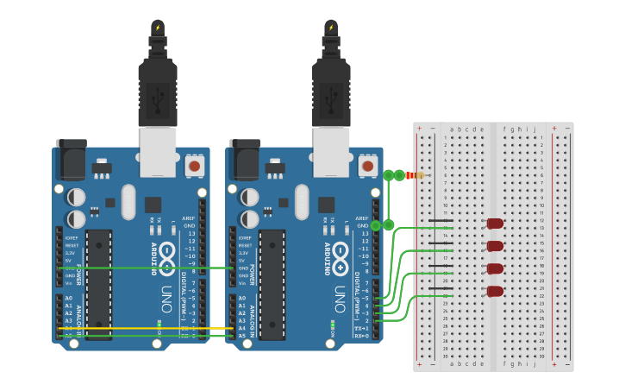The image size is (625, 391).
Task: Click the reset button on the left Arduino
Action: tap(195, 165)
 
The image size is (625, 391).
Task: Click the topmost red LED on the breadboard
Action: tap(495, 224)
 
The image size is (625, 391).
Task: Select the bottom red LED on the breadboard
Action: tap(495, 292)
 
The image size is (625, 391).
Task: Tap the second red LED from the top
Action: tap(495, 246)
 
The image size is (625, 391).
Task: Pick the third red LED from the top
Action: tap(495, 269)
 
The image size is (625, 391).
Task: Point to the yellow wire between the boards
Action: tap(147, 329)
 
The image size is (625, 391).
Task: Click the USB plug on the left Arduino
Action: tap(158, 95)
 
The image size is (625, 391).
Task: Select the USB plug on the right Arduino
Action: tap(331, 95)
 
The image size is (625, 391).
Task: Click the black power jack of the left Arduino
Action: tap(71, 159)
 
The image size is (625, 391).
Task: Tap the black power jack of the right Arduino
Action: tap(244, 159)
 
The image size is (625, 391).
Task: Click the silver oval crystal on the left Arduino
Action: tap(128, 202)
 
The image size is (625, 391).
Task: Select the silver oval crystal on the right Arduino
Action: tap(302, 202)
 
